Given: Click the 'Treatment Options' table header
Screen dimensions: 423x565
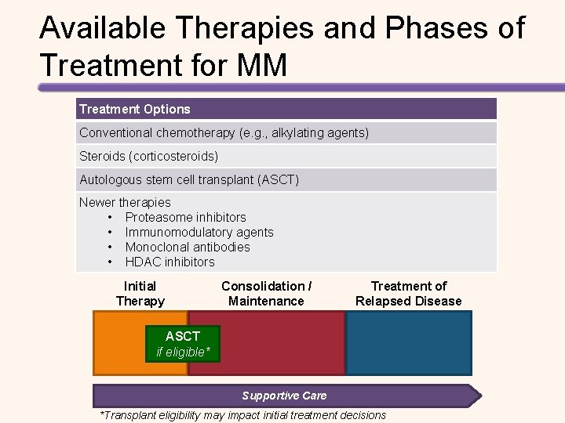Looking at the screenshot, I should point(135,109).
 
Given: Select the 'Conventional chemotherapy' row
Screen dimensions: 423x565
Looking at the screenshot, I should point(224,132).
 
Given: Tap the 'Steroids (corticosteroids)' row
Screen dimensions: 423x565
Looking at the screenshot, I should point(148,157).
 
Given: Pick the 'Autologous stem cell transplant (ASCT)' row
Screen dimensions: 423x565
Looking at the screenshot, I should point(189,179).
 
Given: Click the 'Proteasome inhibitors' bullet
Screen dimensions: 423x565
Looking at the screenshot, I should point(185,217).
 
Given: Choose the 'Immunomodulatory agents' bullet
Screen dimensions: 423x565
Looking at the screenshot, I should point(199,232).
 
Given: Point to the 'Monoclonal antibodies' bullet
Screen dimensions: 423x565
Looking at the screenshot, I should point(188,247).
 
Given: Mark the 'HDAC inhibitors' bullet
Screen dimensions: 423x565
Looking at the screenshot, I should point(169,262).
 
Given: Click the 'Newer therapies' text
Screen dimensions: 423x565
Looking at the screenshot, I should point(125,202).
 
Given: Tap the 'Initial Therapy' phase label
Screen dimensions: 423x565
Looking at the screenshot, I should point(140,293).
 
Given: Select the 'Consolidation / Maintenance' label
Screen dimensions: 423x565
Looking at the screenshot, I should point(266,293).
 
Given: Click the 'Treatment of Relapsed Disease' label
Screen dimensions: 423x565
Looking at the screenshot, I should point(408,293).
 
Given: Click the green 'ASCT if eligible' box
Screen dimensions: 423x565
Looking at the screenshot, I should point(183,344).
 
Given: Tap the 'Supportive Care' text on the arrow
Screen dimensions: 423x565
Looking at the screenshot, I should point(284,396).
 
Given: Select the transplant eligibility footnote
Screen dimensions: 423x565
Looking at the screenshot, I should point(242,415).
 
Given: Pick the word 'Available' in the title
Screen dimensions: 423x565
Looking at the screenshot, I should point(103,28).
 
